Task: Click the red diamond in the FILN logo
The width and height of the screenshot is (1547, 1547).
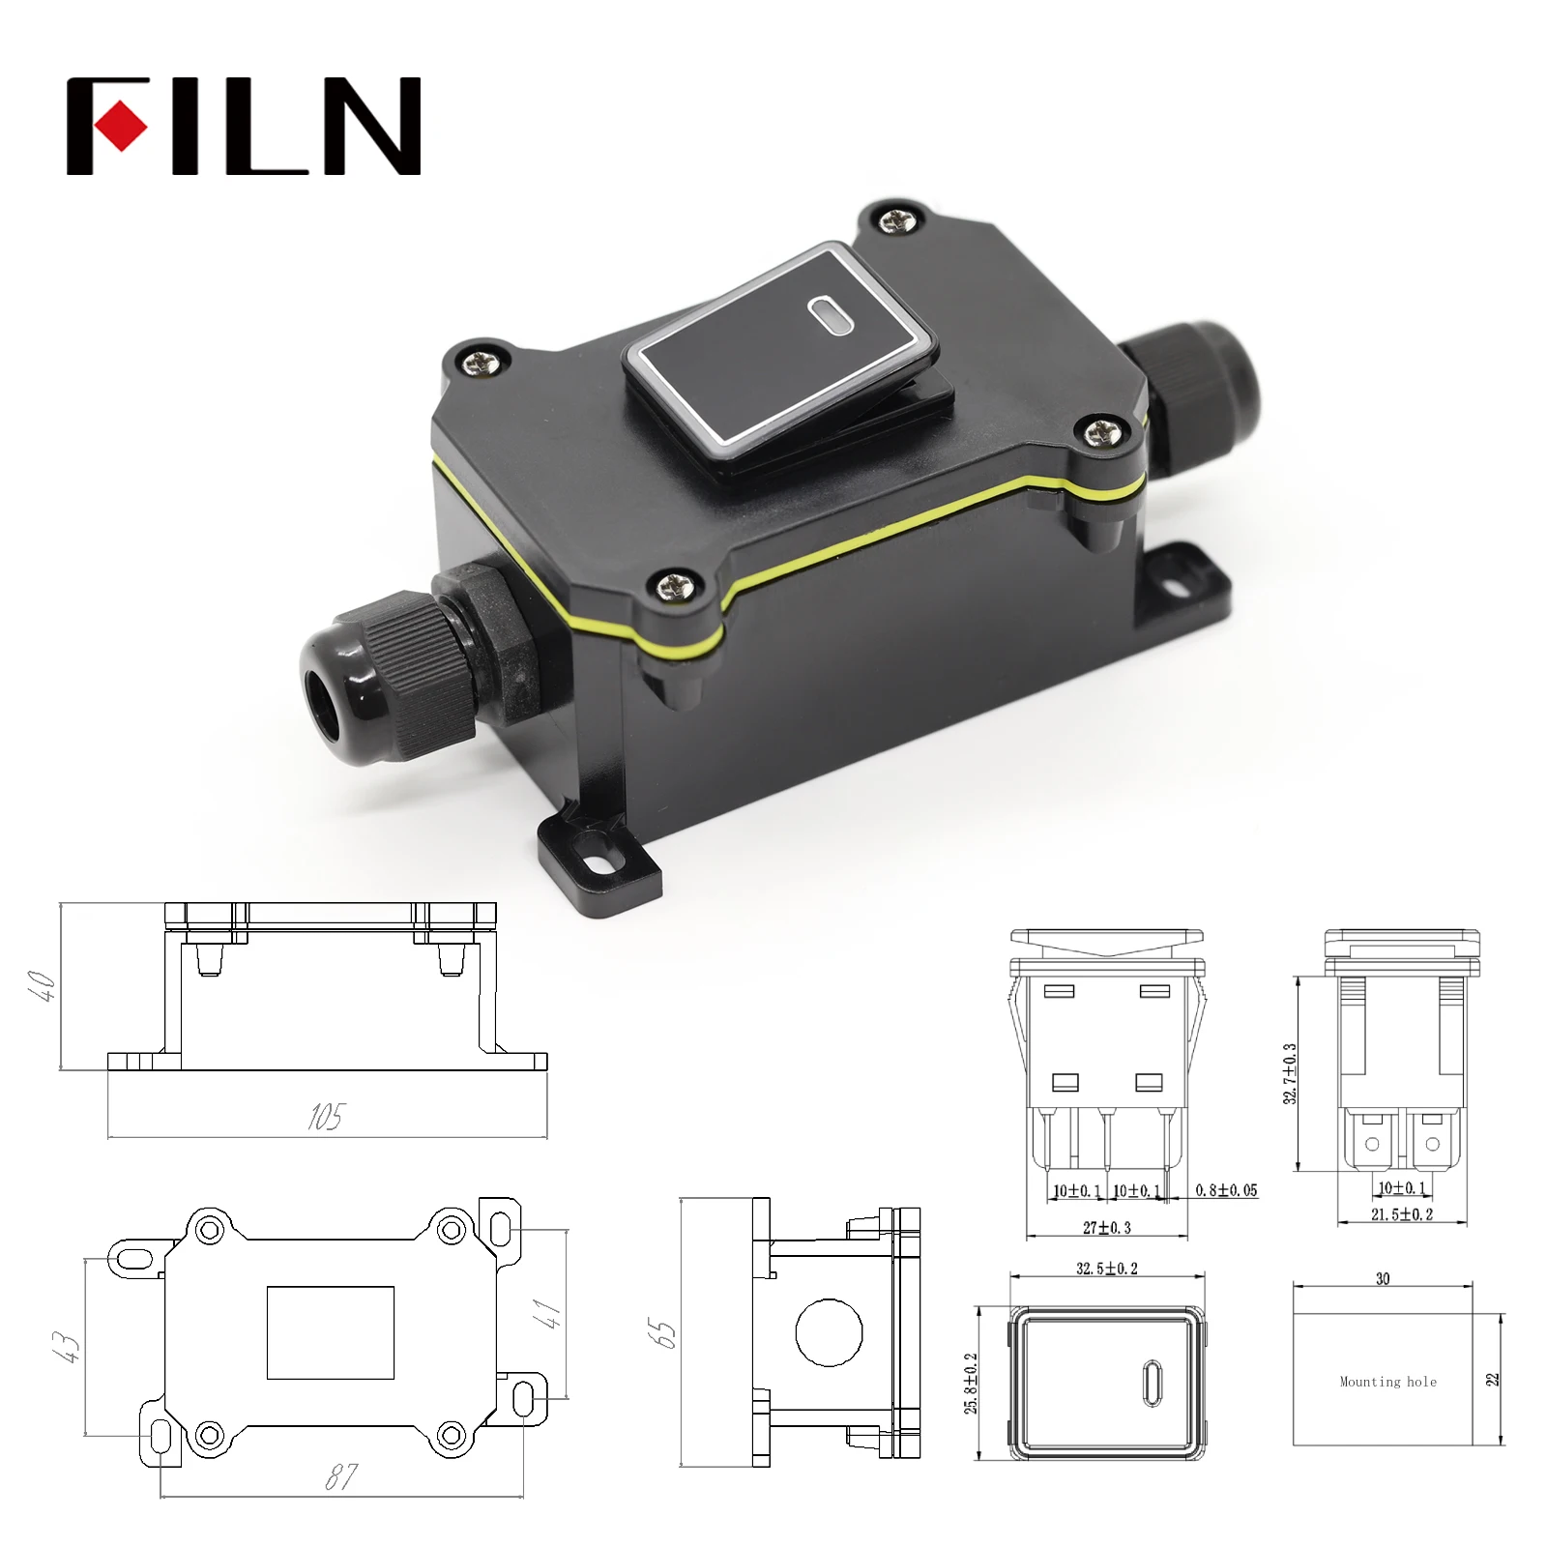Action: click(x=121, y=126)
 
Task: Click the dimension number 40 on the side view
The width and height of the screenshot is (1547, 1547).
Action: click(x=44, y=985)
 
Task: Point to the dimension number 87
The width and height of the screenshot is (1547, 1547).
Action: click(x=340, y=1476)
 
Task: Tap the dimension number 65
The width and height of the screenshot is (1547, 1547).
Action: click(x=662, y=1333)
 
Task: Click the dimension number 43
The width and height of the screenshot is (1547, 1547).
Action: click(x=65, y=1346)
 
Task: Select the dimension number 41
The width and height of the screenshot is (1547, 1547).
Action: click(x=547, y=1313)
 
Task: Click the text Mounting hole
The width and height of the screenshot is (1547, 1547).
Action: click(x=1387, y=1382)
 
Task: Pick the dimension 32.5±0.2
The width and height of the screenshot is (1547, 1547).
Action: click(x=1107, y=1269)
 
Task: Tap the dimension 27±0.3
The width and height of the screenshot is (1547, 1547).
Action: click(x=1107, y=1228)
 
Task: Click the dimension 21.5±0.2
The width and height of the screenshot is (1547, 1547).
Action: click(x=1402, y=1214)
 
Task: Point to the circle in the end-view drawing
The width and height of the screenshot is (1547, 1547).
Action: click(x=829, y=1333)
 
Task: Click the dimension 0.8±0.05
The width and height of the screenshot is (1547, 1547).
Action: click(x=1226, y=1190)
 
